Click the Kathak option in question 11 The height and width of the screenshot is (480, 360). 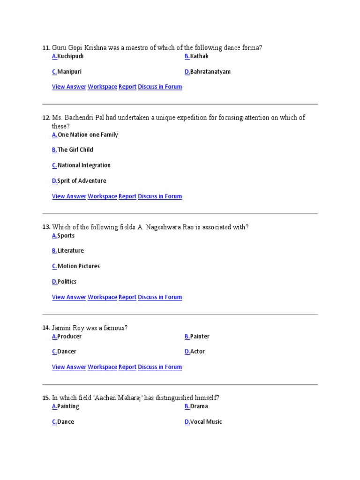pos(199,56)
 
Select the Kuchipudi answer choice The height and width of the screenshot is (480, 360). pos(70,56)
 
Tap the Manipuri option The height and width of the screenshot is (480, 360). pos(69,72)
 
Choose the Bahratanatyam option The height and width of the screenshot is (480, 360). pos(210,72)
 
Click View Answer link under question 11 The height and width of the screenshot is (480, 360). pos(69,87)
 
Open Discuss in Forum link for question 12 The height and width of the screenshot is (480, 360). pos(160,196)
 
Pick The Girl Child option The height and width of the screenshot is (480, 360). pos(75,150)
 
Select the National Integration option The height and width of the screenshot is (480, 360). pos(84,165)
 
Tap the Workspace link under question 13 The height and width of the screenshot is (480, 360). pos(102,297)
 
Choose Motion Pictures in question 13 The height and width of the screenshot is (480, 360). pos(78,266)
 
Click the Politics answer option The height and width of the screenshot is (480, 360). pos(67,282)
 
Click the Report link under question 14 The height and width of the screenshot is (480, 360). pos(127,367)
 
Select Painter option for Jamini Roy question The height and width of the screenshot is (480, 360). pos(200,337)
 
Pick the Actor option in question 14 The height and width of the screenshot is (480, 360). pos(197,352)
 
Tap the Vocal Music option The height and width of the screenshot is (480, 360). pos(206,422)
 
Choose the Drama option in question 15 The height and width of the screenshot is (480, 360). pos(199,406)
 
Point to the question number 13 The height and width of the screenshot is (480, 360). pos(46,227)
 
